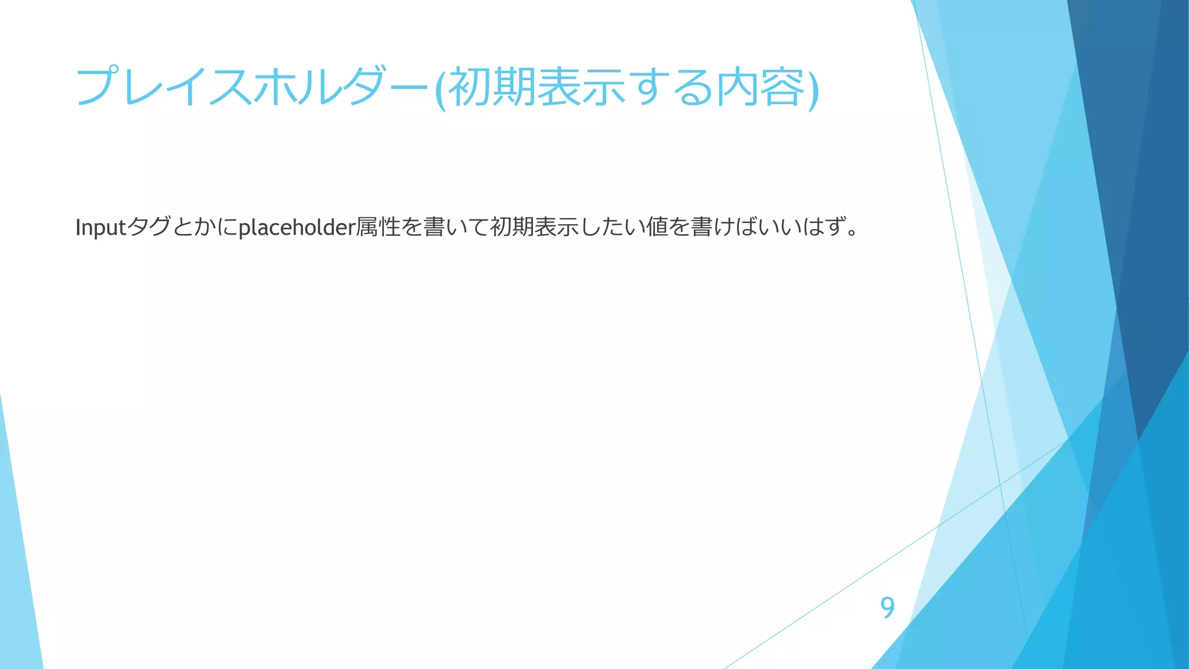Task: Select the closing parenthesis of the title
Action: [813, 88]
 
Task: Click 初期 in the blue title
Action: [491, 87]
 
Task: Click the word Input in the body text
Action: [100, 228]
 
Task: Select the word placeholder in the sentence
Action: [297, 228]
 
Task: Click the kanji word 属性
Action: [378, 227]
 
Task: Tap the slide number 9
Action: [887, 607]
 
